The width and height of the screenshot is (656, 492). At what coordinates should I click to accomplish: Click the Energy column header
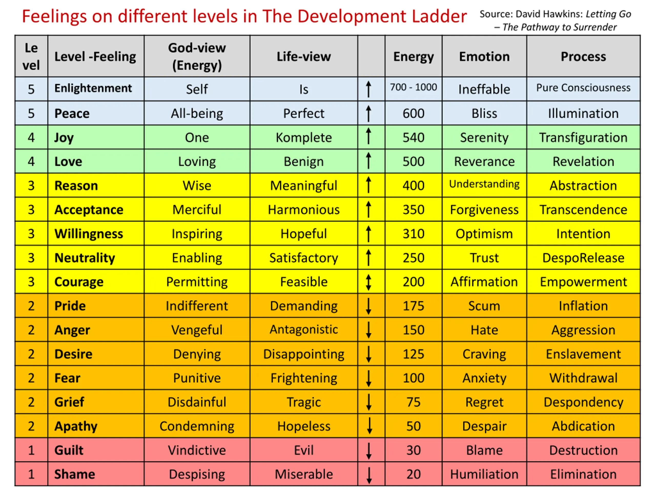coord(413,57)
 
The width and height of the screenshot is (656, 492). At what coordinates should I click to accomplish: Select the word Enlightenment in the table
coord(93,88)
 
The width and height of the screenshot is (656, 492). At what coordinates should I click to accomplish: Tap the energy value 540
coord(413,138)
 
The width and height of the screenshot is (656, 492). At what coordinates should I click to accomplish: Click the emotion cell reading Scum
coord(484,306)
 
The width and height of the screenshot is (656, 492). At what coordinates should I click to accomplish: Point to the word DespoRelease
coord(583,258)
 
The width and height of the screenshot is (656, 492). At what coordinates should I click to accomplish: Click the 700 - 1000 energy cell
coord(413,87)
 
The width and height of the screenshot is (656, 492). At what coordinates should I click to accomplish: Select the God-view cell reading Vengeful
coord(197,330)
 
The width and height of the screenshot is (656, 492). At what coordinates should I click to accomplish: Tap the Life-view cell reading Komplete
coord(304,138)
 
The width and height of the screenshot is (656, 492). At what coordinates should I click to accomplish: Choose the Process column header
coord(583,57)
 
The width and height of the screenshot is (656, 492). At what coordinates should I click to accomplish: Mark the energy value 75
coord(413,402)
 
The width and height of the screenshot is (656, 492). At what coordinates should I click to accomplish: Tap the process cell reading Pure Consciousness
coord(583,88)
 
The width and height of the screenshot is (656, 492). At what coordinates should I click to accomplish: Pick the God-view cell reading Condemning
coord(197,426)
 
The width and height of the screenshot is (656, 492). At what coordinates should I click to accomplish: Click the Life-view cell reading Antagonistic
coord(304,330)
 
